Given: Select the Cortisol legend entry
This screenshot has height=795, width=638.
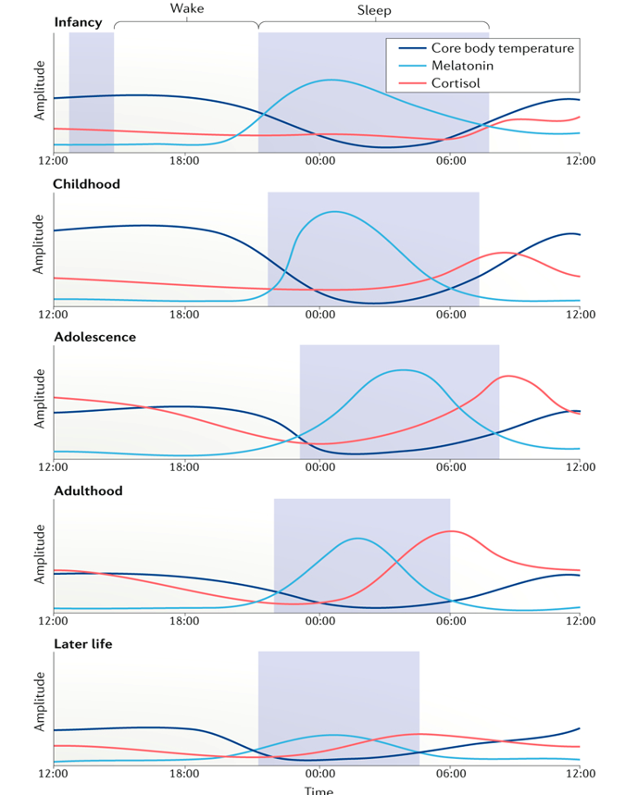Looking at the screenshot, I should pos(456,83).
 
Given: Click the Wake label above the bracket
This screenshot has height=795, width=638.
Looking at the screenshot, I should pos(186,9).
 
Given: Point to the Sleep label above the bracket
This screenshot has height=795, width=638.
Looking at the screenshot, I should pos(373,10).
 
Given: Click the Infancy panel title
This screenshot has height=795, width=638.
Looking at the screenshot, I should pos(79,22).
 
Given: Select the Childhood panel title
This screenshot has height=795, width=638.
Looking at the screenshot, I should pos(87,184).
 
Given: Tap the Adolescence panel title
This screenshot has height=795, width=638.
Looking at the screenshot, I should pos(94,337).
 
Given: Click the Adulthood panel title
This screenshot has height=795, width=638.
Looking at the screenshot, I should pos(89,491).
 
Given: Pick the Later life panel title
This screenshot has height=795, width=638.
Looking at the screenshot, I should pos(83,644).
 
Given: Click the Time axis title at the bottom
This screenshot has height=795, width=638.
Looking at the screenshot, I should pos(319,789).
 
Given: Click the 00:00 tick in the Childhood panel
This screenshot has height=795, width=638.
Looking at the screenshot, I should pos(319,315).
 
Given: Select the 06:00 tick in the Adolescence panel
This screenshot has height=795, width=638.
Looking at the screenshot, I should pos(450,467).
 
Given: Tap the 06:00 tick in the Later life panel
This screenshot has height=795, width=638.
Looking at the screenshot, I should pos(450,773).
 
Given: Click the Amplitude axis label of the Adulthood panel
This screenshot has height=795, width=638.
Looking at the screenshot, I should pos(40,554).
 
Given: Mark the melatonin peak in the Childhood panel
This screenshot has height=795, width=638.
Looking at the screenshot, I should pos(333,212).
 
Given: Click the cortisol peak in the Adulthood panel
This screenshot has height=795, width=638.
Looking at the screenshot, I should pos(451,531).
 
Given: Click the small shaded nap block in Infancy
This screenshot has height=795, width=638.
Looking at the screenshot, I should pos(92,92).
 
